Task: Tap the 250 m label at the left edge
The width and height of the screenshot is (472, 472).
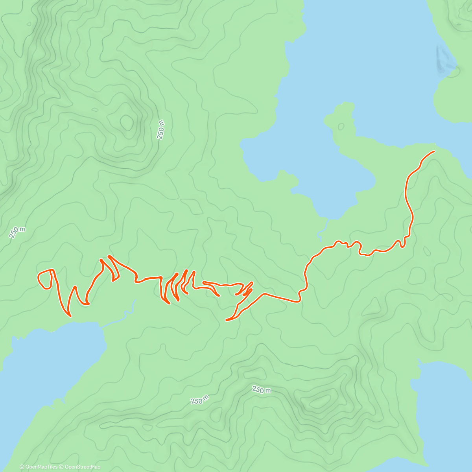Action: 17,232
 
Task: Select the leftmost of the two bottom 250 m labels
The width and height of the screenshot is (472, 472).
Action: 200,400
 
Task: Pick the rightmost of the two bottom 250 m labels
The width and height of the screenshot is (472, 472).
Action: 262,390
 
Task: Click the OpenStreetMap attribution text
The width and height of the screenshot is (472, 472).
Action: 83,467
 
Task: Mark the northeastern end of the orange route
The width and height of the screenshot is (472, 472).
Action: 434,151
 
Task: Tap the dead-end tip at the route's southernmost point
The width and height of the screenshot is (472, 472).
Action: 227,320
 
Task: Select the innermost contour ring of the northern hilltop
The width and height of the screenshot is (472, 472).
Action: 127,122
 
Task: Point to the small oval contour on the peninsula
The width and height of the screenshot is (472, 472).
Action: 341,127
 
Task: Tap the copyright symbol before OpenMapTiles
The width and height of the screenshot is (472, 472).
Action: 22,467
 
